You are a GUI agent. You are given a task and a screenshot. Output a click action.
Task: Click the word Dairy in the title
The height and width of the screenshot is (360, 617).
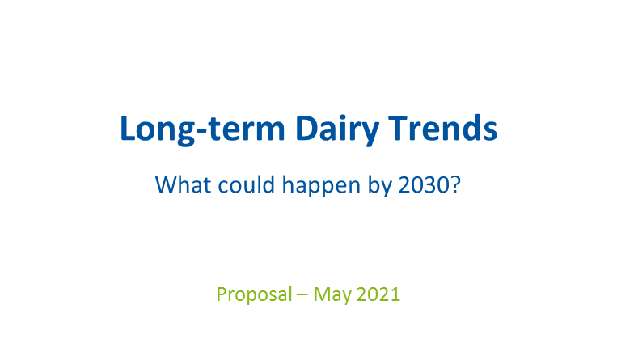point(337,129)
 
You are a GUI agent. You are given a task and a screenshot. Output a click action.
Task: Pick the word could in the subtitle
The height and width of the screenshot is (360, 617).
point(247,184)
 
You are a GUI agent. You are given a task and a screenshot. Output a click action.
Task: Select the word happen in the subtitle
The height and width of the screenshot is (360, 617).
point(321,186)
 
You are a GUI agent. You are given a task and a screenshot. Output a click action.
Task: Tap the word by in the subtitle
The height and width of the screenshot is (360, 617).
point(380,186)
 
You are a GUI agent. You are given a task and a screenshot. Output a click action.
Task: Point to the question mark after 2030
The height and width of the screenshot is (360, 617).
point(455,184)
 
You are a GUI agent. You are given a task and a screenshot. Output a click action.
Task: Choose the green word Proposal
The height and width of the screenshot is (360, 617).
point(254,294)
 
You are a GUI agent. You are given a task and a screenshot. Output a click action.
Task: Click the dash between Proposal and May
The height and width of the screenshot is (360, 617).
point(302,295)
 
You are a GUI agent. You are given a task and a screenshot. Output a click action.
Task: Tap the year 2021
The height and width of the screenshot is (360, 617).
point(378,294)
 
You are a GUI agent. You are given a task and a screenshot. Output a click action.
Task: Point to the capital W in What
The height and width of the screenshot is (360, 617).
point(167,184)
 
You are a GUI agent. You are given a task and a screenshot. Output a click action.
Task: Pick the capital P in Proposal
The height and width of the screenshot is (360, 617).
point(222,294)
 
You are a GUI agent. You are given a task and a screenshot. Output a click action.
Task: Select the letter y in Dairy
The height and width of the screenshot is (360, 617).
point(369,134)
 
